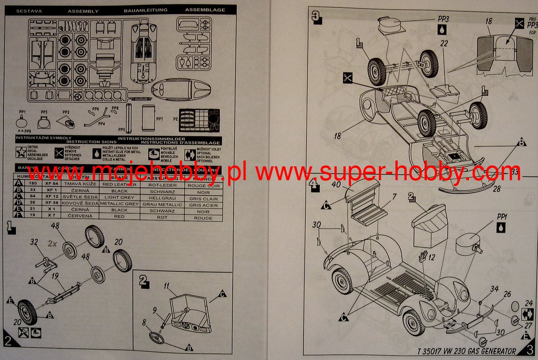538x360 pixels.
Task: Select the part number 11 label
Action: coord(166,285)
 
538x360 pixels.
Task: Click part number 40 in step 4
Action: coord(336,184)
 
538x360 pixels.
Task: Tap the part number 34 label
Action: coord(494,289)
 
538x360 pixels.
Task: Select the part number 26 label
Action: coord(507,295)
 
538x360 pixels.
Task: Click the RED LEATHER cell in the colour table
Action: coord(119,185)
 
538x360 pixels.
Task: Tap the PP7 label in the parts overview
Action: coord(160,119)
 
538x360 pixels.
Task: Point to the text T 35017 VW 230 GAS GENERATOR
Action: coord(466,351)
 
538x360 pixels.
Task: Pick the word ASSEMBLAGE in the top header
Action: coord(205,10)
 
